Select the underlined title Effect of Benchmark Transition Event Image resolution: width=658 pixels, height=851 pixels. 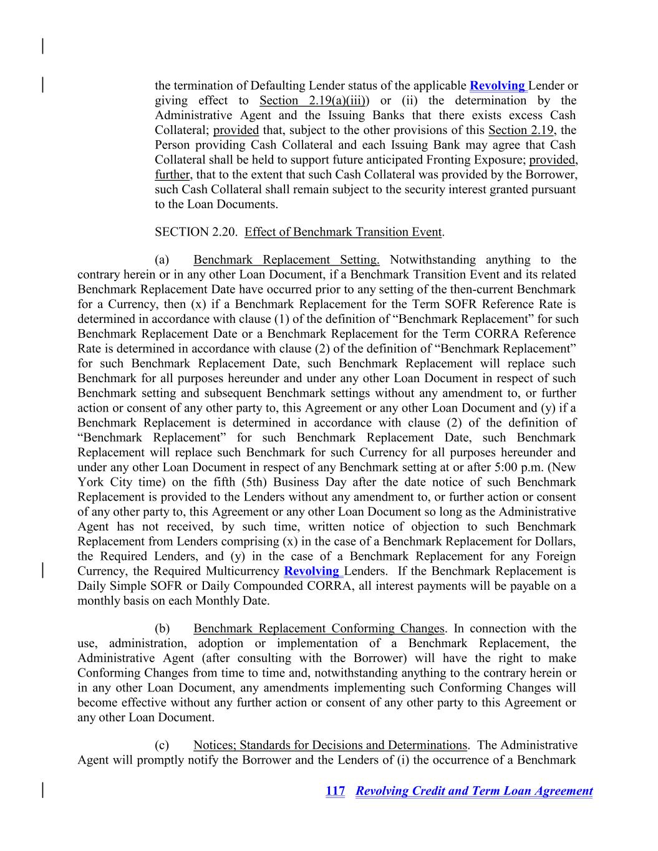tap(343, 233)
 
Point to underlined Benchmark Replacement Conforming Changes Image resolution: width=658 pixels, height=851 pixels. tap(319, 628)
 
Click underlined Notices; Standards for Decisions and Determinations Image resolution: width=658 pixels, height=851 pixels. tap(330, 745)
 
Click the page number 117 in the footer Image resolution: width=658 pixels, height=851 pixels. tap(335, 791)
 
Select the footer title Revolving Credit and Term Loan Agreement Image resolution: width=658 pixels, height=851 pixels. tap(474, 791)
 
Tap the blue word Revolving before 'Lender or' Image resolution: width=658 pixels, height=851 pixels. tap(497, 86)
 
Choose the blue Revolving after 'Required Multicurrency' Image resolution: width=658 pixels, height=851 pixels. tap(311, 571)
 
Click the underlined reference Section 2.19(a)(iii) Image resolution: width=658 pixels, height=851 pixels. tap(312, 101)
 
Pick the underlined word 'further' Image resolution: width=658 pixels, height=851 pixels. tap(172, 175)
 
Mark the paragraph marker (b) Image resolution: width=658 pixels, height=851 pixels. tap(162, 628)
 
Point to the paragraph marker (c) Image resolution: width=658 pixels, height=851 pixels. tap(162, 745)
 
